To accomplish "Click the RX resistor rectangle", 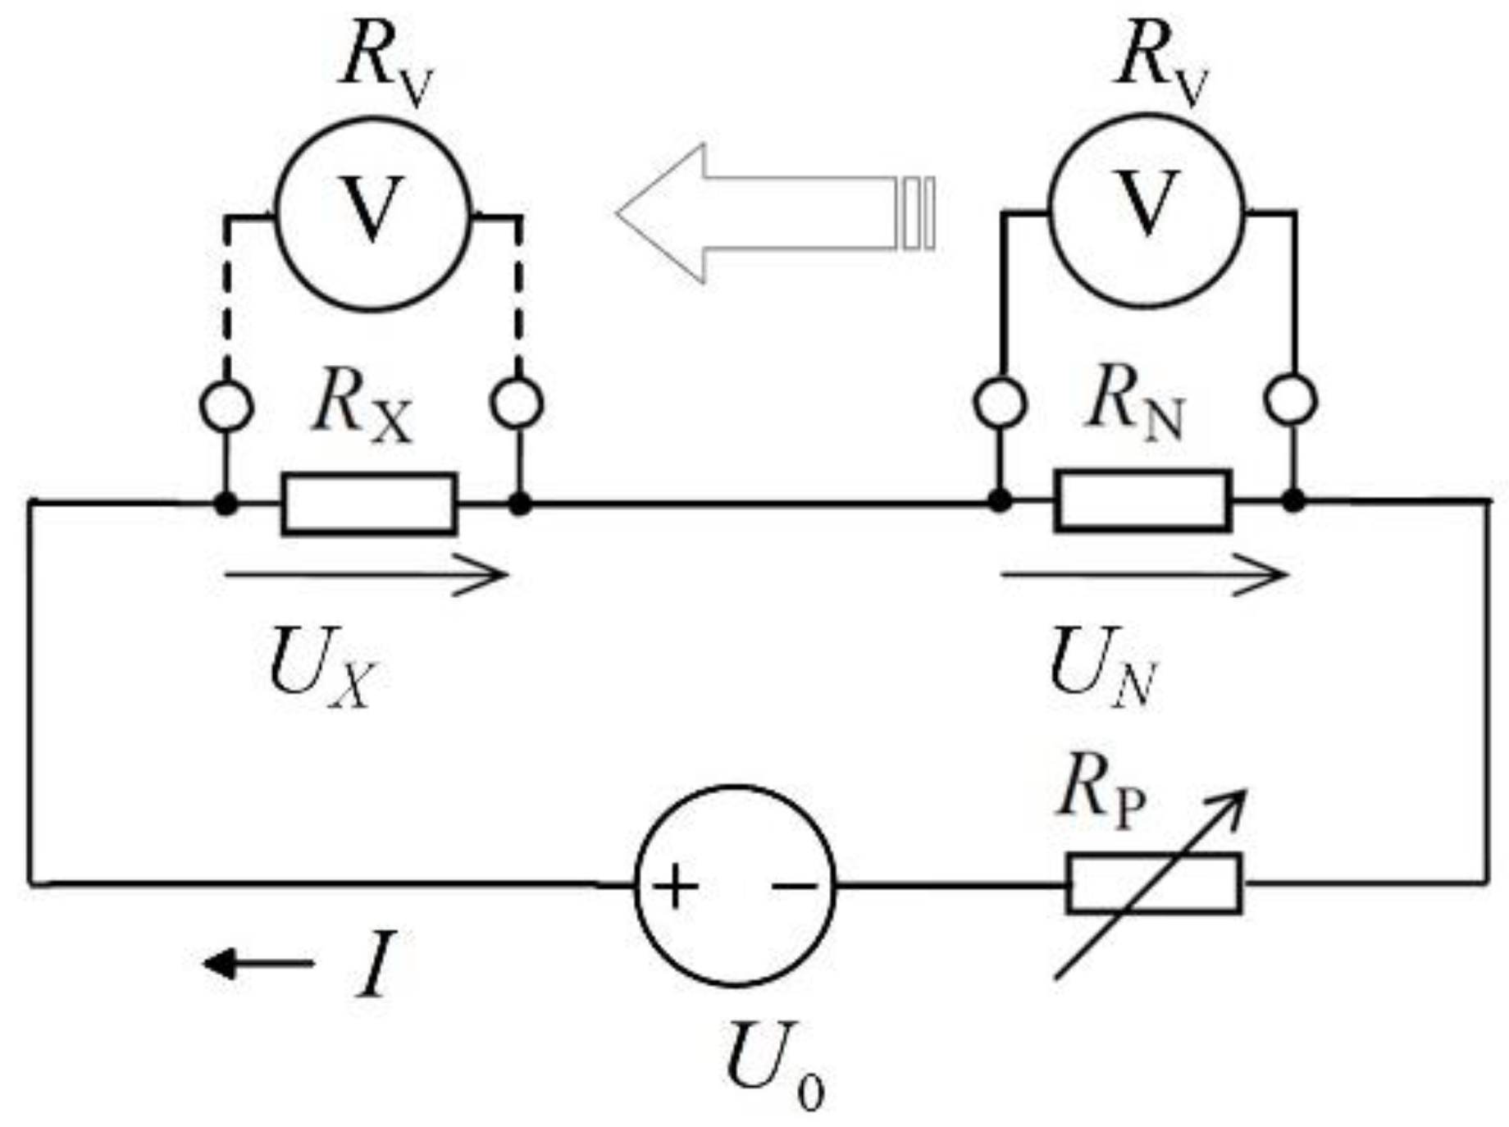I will coord(368,504).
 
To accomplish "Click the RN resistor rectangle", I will coord(1142,501).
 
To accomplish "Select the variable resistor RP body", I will coord(1154,883).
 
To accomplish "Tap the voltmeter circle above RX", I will coord(373,213).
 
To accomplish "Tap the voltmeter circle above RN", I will coord(1146,211).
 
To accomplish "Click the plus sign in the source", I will coord(674,887).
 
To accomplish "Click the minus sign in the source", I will coord(794,886).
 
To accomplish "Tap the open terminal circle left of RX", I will coord(226,405).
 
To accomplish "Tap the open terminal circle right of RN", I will coord(1291,401).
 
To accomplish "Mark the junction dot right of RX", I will coord(519,504).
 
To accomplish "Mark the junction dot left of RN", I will coord(998,500).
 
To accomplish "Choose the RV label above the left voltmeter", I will coord(385,62).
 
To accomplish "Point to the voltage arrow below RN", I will coord(1144,575).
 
